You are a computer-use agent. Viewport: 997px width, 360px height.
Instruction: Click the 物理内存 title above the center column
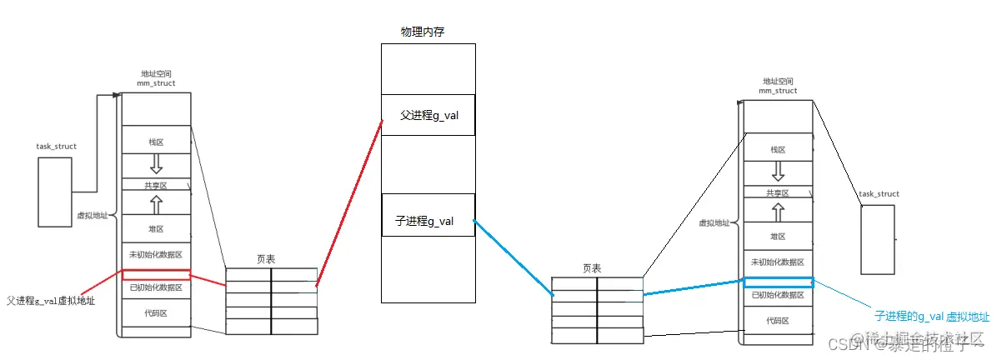click(x=423, y=32)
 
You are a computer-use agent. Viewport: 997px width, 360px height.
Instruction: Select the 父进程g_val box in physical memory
click(x=428, y=115)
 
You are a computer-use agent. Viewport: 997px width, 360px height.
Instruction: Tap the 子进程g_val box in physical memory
click(x=428, y=221)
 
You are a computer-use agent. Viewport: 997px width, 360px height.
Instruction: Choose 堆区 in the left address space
click(x=156, y=228)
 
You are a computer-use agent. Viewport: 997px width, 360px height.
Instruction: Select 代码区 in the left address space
click(x=156, y=314)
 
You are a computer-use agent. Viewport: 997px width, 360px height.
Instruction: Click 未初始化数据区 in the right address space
click(x=777, y=262)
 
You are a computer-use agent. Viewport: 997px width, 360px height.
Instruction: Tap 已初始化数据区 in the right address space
click(x=777, y=295)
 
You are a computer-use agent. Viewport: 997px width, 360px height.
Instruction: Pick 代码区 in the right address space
click(x=777, y=321)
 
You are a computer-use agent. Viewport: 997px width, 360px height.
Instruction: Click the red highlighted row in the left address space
click(x=156, y=274)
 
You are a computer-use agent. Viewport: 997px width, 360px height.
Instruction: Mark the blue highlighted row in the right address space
click(x=777, y=282)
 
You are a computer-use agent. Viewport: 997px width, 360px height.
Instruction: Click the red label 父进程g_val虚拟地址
click(x=50, y=300)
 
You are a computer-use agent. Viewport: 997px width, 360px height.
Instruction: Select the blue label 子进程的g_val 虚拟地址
click(x=931, y=317)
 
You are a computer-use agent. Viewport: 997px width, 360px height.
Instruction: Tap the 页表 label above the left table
click(x=266, y=260)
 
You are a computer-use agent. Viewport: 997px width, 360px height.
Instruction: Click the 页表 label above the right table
click(x=591, y=268)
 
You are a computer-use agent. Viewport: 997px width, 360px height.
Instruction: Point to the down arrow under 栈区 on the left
click(x=156, y=164)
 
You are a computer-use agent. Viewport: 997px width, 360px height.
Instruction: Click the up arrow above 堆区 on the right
click(x=777, y=210)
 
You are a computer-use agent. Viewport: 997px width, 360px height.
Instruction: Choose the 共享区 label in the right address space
click(x=777, y=192)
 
